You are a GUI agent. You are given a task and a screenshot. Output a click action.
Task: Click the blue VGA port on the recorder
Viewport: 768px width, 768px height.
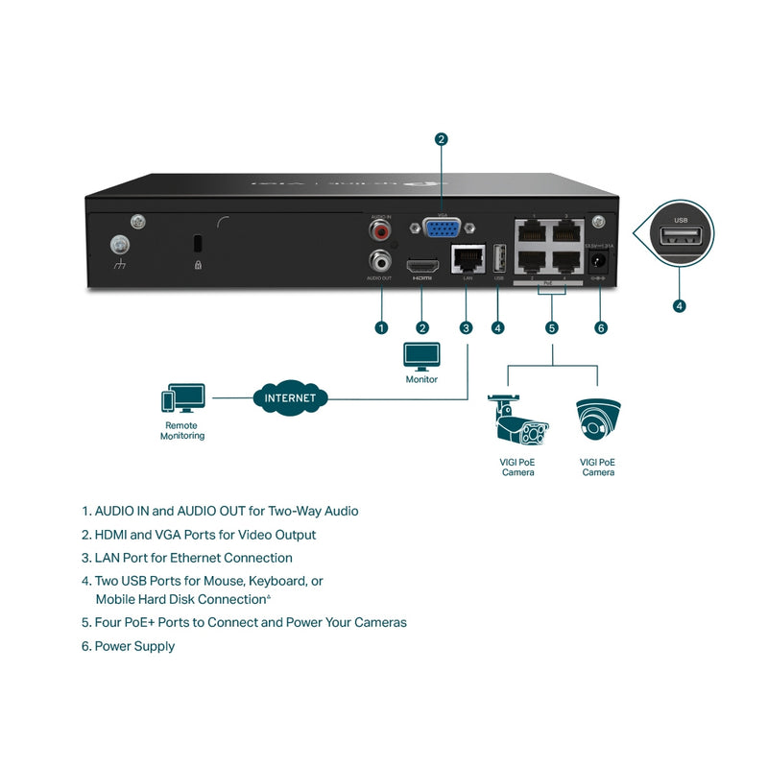[x=441, y=228]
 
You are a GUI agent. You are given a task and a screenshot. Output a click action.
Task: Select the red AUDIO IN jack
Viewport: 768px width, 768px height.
[x=382, y=230]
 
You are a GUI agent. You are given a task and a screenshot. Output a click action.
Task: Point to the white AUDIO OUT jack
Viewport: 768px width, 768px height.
[x=382, y=259]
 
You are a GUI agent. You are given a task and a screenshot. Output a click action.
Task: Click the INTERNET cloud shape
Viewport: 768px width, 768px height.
[x=289, y=396]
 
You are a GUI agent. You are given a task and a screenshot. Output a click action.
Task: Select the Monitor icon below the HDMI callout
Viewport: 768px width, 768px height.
[x=421, y=356]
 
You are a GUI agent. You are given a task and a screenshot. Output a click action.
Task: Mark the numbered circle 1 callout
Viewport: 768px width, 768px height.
[x=381, y=327]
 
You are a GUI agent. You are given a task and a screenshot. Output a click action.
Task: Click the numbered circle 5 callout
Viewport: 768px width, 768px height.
[x=552, y=327]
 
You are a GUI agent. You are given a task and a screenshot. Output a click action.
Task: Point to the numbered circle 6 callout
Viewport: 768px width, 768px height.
[x=601, y=327]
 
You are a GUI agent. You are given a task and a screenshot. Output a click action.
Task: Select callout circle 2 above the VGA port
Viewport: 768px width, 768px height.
[x=441, y=139]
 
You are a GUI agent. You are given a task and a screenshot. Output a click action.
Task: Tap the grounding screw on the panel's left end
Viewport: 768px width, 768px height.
[x=121, y=245]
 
